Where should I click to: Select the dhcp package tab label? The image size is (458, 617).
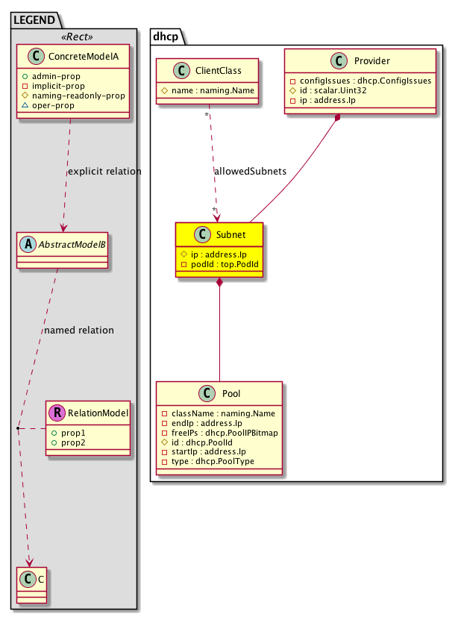pos(166,35)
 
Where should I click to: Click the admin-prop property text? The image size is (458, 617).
pos(59,75)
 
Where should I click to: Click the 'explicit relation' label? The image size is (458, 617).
pos(104,172)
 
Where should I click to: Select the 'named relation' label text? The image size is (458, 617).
pos(78,330)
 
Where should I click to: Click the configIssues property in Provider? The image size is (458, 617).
pos(361,81)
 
